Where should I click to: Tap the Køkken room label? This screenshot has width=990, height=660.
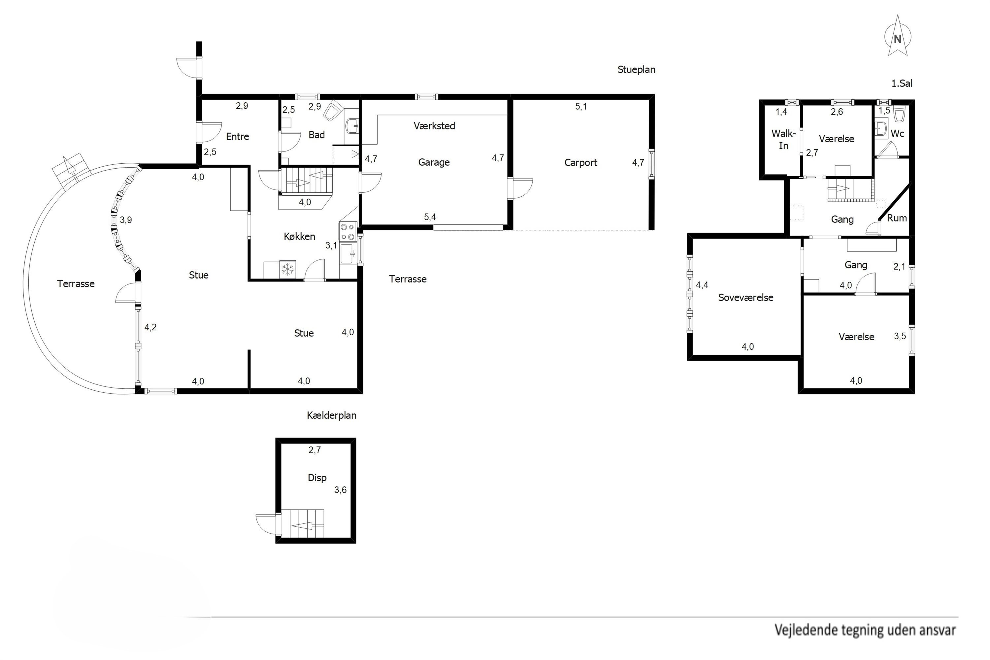(x=299, y=237)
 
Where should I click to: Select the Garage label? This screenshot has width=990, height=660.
(x=434, y=162)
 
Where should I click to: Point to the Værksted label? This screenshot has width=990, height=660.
(x=434, y=126)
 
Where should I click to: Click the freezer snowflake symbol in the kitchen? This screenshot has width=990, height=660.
(x=288, y=269)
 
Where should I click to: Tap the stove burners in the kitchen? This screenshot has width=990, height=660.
(x=348, y=231)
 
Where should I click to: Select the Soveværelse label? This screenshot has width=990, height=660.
(x=746, y=298)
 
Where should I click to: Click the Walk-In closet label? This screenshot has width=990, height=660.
(x=783, y=140)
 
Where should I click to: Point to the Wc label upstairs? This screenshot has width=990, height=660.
(x=897, y=133)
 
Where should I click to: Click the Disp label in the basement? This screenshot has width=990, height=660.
(x=317, y=478)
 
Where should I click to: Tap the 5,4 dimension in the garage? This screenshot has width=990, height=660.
(x=430, y=217)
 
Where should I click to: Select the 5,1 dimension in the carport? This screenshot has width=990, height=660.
(x=581, y=107)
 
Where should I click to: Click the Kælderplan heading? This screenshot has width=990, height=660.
(x=332, y=415)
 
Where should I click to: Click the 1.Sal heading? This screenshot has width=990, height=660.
(x=902, y=83)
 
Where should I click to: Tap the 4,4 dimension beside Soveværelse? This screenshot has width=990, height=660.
(x=702, y=285)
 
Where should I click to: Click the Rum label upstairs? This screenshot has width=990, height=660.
(x=897, y=218)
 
